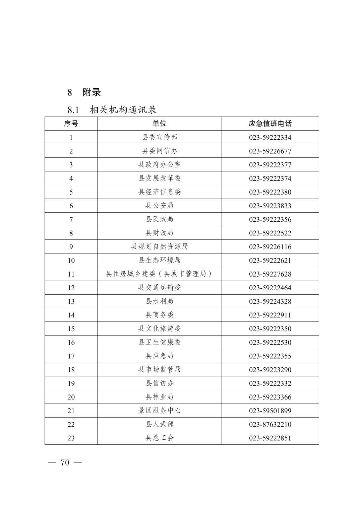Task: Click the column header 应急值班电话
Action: pos(270,124)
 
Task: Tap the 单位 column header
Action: pos(159,124)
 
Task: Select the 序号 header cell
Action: pos(71,124)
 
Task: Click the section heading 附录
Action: pos(92,92)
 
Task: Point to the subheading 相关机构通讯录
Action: pos(123,110)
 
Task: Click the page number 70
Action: pos(65,462)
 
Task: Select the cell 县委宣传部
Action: pos(159,137)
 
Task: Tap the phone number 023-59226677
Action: pos(270,151)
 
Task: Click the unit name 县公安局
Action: pos(159,206)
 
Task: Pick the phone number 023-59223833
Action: pos(270,206)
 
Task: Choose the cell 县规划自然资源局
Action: pos(159,247)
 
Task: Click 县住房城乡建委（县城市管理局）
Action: pos(159,274)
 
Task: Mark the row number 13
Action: pos(71,301)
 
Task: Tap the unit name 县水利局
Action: pos(159,301)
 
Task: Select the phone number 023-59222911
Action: pos(270,315)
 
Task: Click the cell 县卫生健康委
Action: pos(159,342)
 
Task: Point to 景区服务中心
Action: pos(159,411)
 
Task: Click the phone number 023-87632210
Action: pos(270,424)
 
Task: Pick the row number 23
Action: pos(71,438)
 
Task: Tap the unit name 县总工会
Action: pos(159,438)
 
